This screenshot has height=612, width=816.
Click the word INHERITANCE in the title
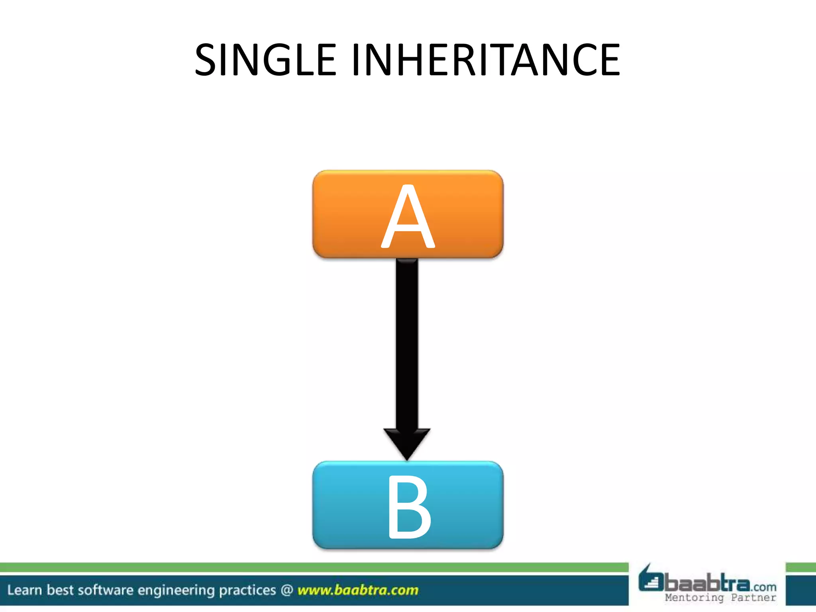click(x=486, y=60)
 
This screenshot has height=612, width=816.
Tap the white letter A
click(x=408, y=217)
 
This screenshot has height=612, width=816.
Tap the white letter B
click(x=409, y=507)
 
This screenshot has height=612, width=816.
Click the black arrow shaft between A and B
click(x=407, y=343)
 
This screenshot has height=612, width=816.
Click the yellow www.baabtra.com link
click(x=358, y=590)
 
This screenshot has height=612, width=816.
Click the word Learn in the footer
click(x=24, y=590)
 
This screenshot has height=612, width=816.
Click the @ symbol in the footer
click(x=287, y=590)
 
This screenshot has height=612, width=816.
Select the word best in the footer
click(x=60, y=590)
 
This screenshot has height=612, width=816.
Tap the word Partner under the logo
click(x=753, y=598)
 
